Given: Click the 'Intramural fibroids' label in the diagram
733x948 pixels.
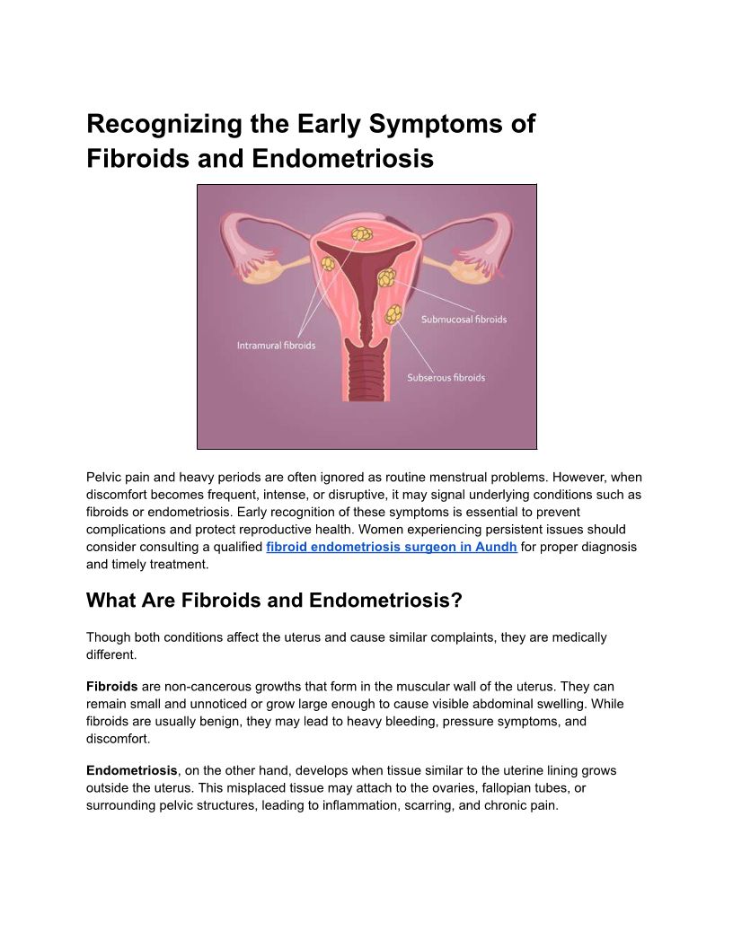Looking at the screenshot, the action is (276, 346).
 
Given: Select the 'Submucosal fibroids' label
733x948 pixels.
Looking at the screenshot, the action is (464, 320).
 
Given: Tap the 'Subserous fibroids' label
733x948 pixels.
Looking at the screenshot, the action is (446, 377).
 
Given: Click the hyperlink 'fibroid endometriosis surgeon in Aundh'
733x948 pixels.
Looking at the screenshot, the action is (392, 547).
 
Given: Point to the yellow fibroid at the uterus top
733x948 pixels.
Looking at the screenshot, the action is (362, 233).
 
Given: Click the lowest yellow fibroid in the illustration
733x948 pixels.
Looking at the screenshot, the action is (393, 314).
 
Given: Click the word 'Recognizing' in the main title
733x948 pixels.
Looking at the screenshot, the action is (163, 124).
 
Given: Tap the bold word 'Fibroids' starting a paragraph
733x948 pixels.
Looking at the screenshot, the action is (112, 686).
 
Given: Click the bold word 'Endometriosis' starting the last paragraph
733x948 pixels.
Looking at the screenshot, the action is (132, 770).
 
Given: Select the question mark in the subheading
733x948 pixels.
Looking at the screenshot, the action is (457, 601).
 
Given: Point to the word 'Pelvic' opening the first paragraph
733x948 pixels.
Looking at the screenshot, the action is (102, 477).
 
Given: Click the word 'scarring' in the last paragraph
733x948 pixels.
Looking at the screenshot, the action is (429, 805).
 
